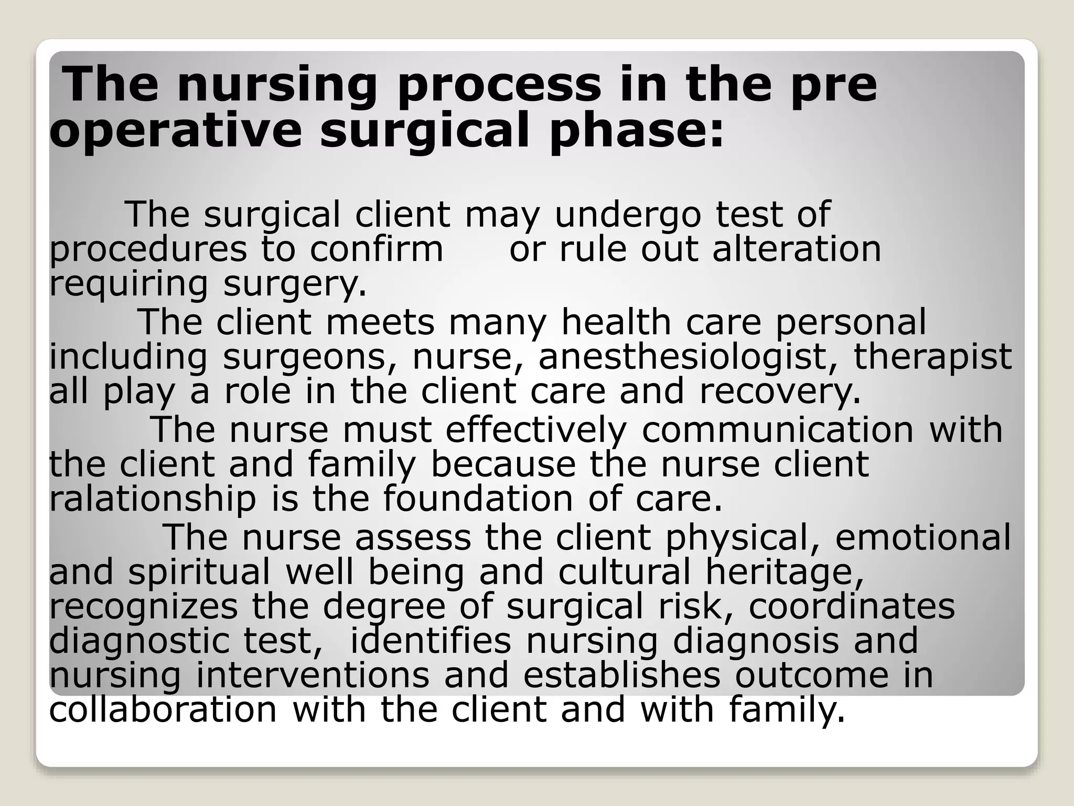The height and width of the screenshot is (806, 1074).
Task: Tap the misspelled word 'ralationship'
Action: click(x=153, y=499)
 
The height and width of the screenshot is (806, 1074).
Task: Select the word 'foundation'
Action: click(x=478, y=499)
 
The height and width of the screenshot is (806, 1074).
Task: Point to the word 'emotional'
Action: click(x=922, y=537)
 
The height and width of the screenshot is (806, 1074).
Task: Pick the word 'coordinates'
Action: click(x=852, y=606)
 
